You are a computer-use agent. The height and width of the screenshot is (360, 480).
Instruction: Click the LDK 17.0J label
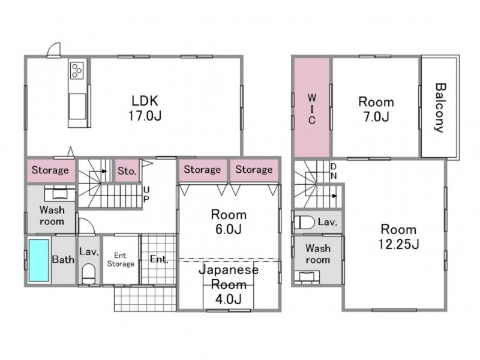pos(145,108)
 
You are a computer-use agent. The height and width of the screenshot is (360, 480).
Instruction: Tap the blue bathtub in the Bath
pos(39,260)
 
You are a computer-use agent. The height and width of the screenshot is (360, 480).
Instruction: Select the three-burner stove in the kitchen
pos(77,70)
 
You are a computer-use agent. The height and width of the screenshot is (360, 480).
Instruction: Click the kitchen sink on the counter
pos(77,106)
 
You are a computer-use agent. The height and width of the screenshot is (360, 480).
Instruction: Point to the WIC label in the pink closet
pos(311,109)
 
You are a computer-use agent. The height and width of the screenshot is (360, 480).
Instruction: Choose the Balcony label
pos(439,108)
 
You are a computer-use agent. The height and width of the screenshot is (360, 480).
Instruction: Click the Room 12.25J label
pos(398,236)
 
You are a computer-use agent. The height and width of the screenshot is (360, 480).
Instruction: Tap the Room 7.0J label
pos(376,109)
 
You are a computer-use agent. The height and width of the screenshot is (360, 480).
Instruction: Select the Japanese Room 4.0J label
pos(229,284)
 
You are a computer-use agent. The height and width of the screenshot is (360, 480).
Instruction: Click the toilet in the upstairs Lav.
pos(305,223)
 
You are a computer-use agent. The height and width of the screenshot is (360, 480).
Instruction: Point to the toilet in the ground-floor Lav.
pos(89,274)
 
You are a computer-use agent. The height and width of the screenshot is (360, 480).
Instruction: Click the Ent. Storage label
pos(121,260)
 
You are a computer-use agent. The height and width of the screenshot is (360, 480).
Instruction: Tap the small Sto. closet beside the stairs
pos(127,170)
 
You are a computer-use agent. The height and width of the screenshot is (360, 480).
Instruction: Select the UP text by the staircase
pos(146,194)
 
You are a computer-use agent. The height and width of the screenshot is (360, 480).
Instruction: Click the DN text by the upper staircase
pos(334,171)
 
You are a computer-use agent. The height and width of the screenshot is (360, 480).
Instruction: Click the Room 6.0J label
pos(229,221)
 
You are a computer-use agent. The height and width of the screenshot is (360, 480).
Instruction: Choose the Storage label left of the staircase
pos(50,170)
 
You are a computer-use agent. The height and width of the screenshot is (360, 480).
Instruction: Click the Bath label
pos(63,260)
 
